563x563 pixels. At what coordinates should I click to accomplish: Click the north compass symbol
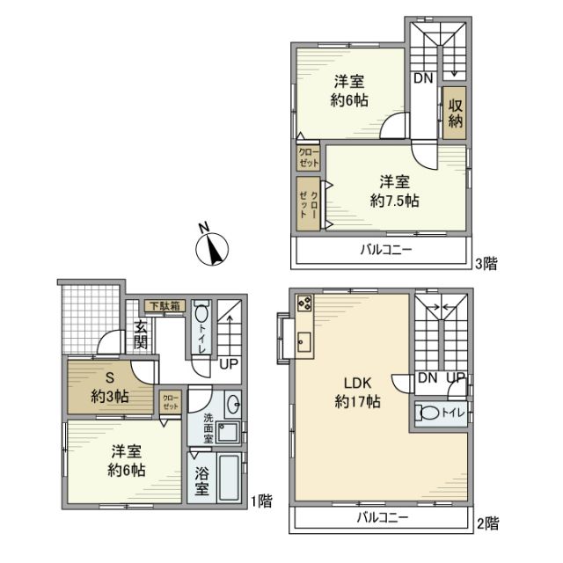(210, 247)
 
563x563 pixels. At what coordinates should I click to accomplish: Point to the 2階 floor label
(486, 523)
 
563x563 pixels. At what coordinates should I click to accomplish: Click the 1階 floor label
(261, 501)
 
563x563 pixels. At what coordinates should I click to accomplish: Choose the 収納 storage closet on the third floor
(454, 113)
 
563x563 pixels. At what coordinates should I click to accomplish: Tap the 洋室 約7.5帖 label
(394, 191)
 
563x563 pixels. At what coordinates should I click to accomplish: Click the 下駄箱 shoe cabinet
(164, 307)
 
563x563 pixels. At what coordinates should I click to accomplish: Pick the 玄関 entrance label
(141, 335)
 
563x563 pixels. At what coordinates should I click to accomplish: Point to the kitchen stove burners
(305, 304)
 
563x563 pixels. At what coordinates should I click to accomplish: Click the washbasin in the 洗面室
(233, 406)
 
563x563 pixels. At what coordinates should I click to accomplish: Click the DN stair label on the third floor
(423, 78)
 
